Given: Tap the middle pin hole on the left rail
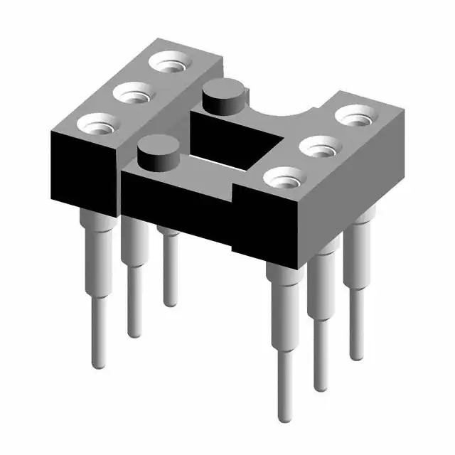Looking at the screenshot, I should (x=132, y=93).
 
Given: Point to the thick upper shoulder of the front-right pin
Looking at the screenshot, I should (x=283, y=284).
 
